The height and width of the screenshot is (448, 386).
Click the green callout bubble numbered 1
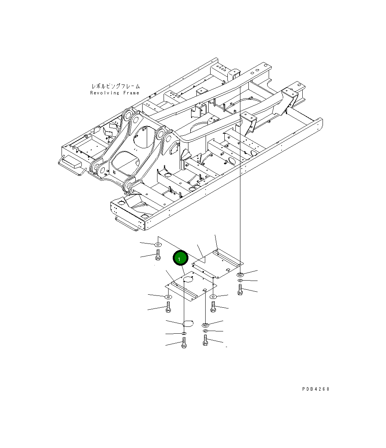coord(180,259)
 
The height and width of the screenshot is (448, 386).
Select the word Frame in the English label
coord(131,93)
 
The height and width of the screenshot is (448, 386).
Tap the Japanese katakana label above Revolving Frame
coord(115,86)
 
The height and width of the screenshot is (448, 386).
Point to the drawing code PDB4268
coord(315,389)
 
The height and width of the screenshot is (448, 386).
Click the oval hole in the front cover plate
coord(188,279)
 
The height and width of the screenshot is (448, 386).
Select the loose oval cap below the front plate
coord(187,324)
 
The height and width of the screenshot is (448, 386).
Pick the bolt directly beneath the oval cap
coord(184,342)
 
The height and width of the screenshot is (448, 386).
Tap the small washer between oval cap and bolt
coord(184,334)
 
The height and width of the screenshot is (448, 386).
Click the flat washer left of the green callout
coord(157,244)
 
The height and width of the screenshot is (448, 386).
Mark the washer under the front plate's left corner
coord(167,297)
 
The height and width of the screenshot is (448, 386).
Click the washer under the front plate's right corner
coord(213,297)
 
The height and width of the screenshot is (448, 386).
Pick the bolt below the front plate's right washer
coord(213,306)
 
